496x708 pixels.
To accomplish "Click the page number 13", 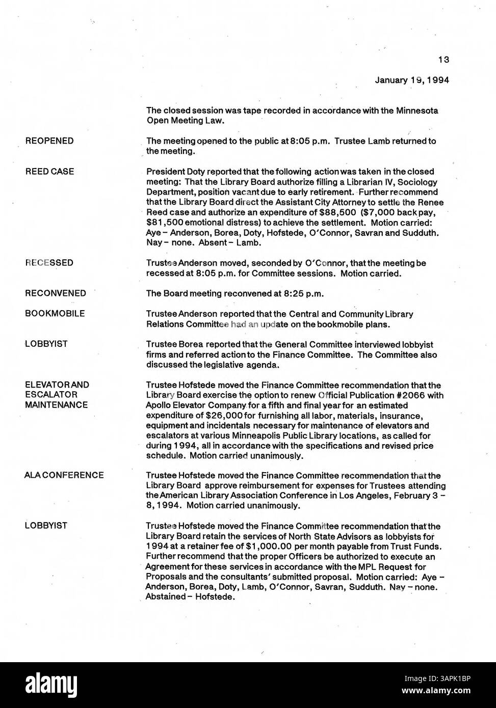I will point(443,60).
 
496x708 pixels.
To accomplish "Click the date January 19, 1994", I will point(412,80).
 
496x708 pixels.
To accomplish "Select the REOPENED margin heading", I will point(49,141).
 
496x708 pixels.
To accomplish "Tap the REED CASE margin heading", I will point(49,171).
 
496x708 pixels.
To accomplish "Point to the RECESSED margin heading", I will point(49,263).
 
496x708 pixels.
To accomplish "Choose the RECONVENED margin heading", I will point(56,293).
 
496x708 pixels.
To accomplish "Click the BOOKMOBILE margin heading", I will point(55,313).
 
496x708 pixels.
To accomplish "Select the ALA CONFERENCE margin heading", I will point(64,475).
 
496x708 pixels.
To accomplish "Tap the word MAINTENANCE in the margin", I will point(56,405).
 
